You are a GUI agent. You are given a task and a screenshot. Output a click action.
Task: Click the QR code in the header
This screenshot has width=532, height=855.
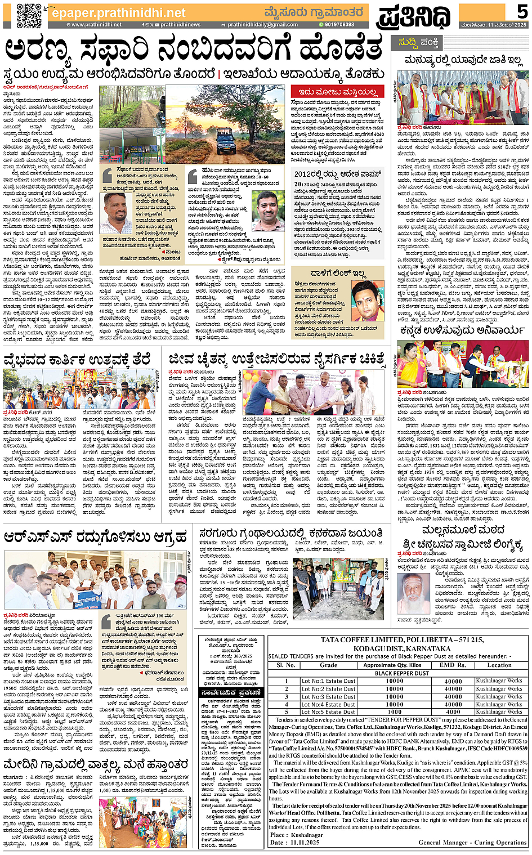point(29,15)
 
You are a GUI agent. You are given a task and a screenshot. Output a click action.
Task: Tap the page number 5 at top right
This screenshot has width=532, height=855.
point(522,11)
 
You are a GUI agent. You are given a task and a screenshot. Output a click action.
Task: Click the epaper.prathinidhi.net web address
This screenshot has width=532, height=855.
point(118,12)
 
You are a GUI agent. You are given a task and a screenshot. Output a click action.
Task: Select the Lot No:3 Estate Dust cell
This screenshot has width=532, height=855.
point(328,697)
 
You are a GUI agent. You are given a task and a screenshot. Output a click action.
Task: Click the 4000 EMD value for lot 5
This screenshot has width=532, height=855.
point(453,712)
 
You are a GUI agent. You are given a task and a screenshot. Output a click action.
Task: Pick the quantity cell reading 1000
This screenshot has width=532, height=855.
point(394,712)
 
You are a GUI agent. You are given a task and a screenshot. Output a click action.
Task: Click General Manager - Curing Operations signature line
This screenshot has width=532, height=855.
point(472,843)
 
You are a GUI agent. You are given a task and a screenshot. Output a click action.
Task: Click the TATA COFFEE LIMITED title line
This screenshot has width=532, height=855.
point(402,640)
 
